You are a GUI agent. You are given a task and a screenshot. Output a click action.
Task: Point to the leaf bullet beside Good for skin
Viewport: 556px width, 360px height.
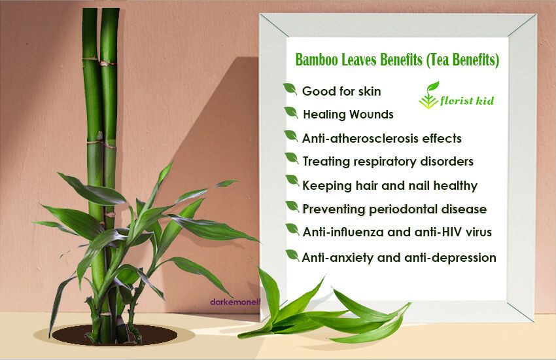point(290,89)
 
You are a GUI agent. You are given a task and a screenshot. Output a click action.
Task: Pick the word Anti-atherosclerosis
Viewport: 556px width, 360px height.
point(356,139)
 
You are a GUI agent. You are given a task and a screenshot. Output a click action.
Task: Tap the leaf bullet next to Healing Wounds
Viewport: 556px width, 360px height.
point(292,113)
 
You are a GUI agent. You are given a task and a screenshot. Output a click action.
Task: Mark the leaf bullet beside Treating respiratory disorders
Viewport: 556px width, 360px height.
point(292,158)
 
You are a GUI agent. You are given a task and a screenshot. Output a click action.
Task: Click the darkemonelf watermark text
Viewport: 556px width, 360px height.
point(232,303)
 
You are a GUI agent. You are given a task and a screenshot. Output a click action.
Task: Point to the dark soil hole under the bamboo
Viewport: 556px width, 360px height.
point(114,334)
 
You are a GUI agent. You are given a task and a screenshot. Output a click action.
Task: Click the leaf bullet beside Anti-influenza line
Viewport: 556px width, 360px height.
point(292,229)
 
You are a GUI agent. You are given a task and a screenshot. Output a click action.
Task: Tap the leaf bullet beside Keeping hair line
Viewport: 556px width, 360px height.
point(292,183)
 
